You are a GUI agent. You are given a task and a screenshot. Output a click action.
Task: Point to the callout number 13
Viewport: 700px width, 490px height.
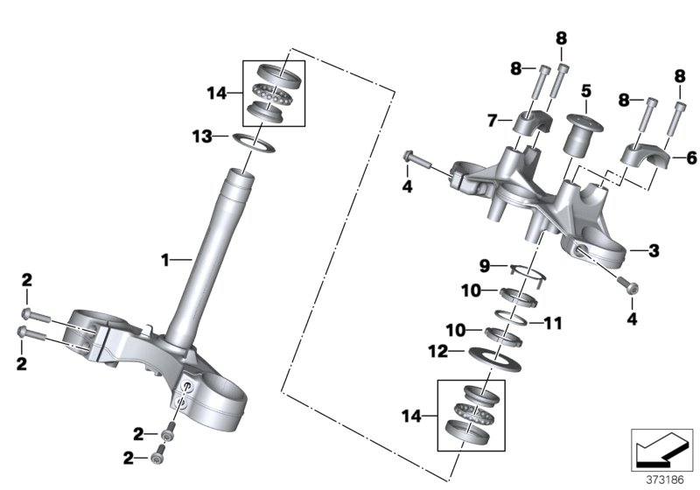point(202,136)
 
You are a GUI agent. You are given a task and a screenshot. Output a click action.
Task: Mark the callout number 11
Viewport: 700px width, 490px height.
point(551,324)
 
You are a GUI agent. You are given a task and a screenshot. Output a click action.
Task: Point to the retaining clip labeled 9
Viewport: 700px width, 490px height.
point(528,272)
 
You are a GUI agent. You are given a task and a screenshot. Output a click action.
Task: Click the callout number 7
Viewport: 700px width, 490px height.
point(492,118)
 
